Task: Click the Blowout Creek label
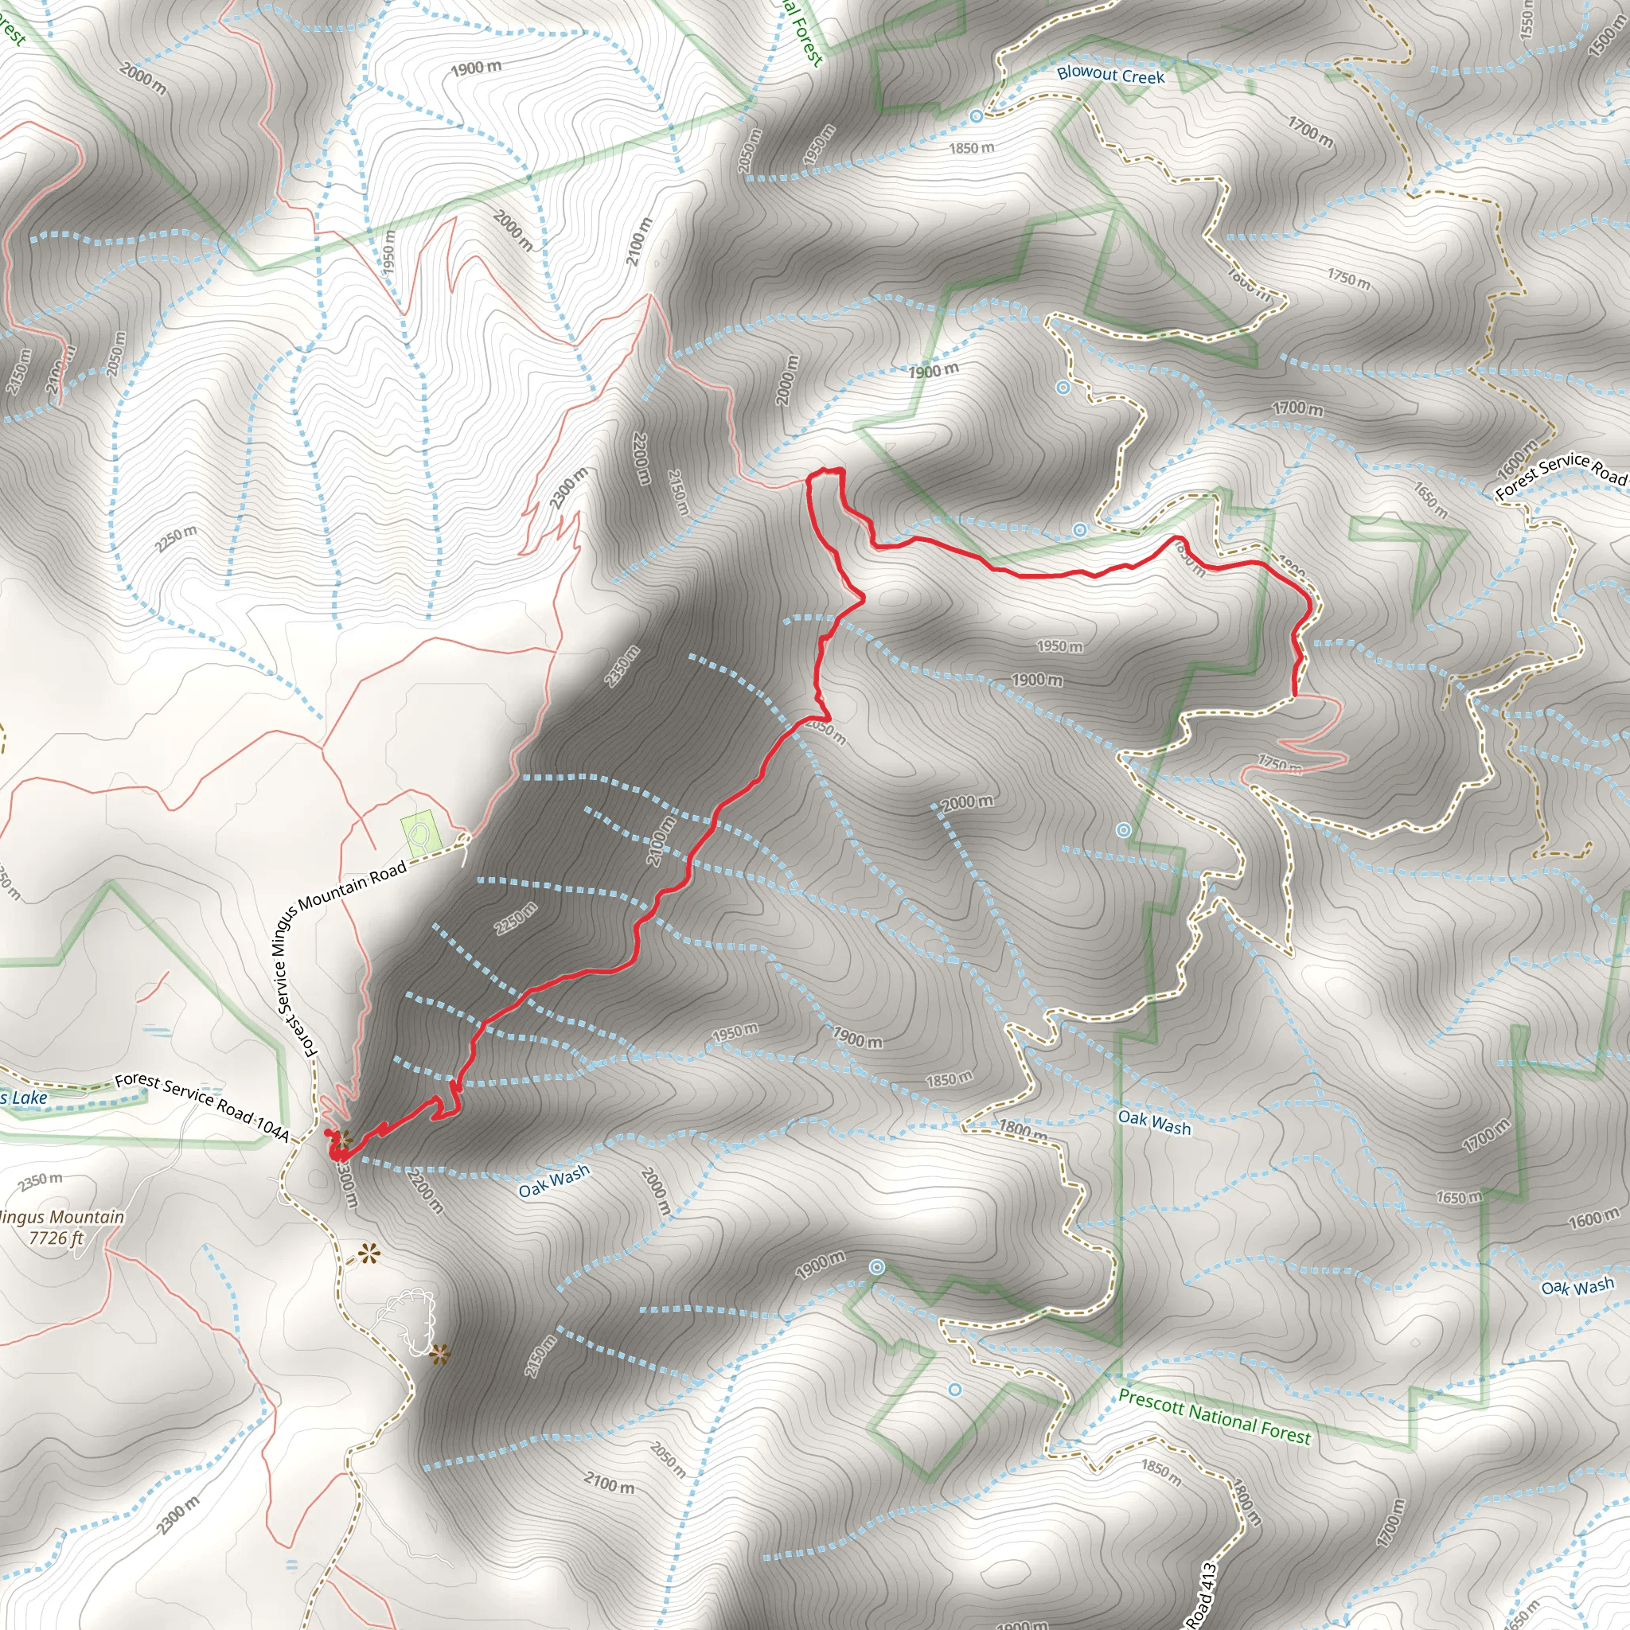pyautogui.click(x=1110, y=75)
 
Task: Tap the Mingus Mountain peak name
pyautogui.click(x=61, y=1218)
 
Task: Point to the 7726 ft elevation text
pyautogui.click(x=56, y=1238)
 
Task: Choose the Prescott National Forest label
pyautogui.click(x=1214, y=1417)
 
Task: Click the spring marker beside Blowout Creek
pyautogui.click(x=976, y=115)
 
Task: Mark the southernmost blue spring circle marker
pyautogui.click(x=954, y=1390)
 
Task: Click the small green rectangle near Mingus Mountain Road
pyautogui.click(x=419, y=833)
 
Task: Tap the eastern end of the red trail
pyautogui.click(x=1295, y=696)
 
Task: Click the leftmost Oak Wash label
pyautogui.click(x=553, y=1181)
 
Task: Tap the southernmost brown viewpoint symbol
pyautogui.click(x=439, y=1355)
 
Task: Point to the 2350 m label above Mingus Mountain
pyautogui.click(x=41, y=1180)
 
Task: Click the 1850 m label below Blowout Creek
pyautogui.click(x=971, y=149)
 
